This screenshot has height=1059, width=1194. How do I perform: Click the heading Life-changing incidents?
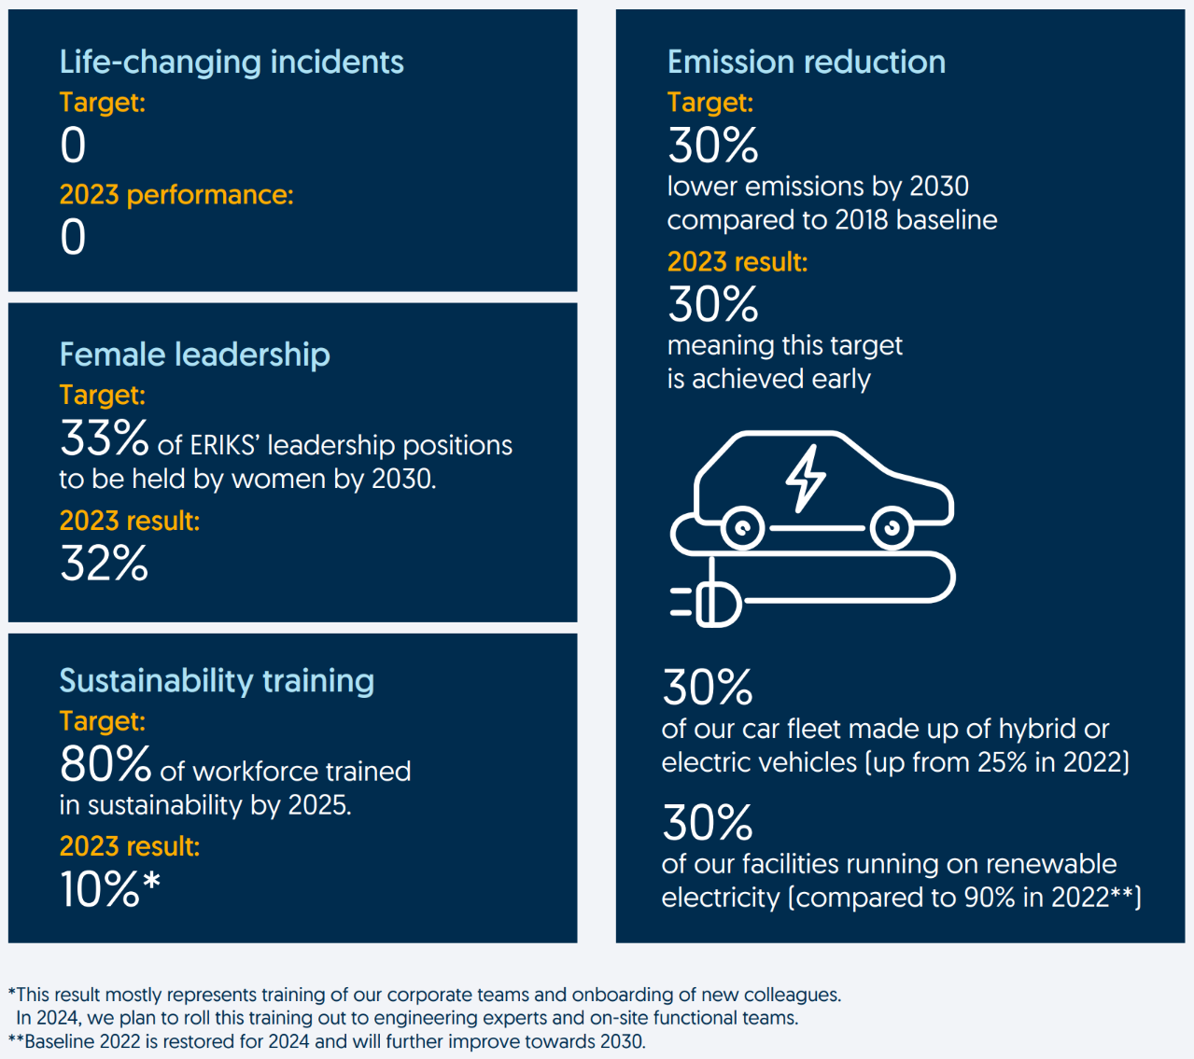(232, 62)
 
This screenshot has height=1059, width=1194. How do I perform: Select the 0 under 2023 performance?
(73, 237)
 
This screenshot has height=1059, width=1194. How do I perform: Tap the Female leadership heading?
(194, 355)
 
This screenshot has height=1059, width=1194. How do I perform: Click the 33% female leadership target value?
(104, 439)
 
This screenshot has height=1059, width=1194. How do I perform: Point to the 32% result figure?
(104, 564)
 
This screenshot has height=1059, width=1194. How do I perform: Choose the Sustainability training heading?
(217, 680)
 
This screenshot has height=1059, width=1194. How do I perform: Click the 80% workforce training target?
(105, 765)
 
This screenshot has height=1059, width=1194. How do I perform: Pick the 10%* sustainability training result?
(109, 889)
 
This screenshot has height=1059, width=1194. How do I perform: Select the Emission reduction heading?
(806, 62)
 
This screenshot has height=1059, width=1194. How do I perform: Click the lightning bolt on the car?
(805, 478)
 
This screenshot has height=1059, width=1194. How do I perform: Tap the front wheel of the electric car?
(892, 529)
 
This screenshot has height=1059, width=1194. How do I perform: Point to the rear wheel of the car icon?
(743, 529)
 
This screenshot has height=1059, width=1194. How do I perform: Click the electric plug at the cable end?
(714, 604)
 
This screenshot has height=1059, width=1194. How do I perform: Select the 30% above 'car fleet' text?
(707, 688)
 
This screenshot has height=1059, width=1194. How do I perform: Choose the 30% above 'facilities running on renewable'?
(707, 823)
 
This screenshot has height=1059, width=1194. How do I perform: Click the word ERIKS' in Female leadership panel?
(224, 446)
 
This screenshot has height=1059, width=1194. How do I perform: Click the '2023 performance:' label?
(176, 195)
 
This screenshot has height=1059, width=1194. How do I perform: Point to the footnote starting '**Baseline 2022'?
(327, 1041)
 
